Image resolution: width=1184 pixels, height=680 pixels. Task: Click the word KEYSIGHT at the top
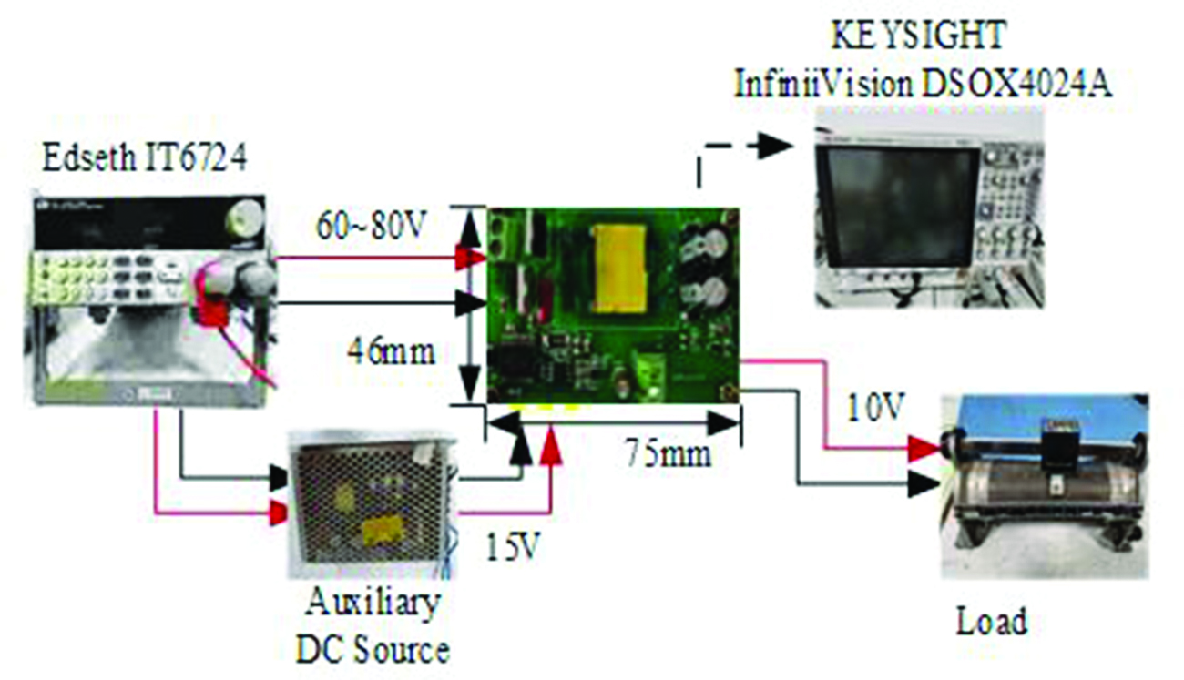click(x=919, y=35)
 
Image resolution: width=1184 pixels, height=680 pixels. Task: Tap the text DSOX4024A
click(x=1017, y=85)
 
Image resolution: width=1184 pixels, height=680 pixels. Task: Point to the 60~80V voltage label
click(x=371, y=226)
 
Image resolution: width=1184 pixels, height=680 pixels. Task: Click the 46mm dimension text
click(x=391, y=351)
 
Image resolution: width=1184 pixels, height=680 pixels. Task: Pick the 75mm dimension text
click(x=669, y=453)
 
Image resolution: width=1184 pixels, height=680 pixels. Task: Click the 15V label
click(x=512, y=547)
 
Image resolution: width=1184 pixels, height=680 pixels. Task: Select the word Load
click(x=992, y=622)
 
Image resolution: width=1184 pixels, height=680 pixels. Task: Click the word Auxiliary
click(x=373, y=603)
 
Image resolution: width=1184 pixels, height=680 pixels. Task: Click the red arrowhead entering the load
click(x=924, y=449)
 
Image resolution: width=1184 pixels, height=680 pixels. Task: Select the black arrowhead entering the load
click(x=924, y=483)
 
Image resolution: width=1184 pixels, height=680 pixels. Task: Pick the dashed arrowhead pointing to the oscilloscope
click(x=776, y=146)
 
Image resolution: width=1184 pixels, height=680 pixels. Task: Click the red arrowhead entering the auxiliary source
click(x=278, y=513)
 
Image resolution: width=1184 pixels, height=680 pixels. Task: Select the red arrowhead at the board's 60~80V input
click(x=471, y=259)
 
